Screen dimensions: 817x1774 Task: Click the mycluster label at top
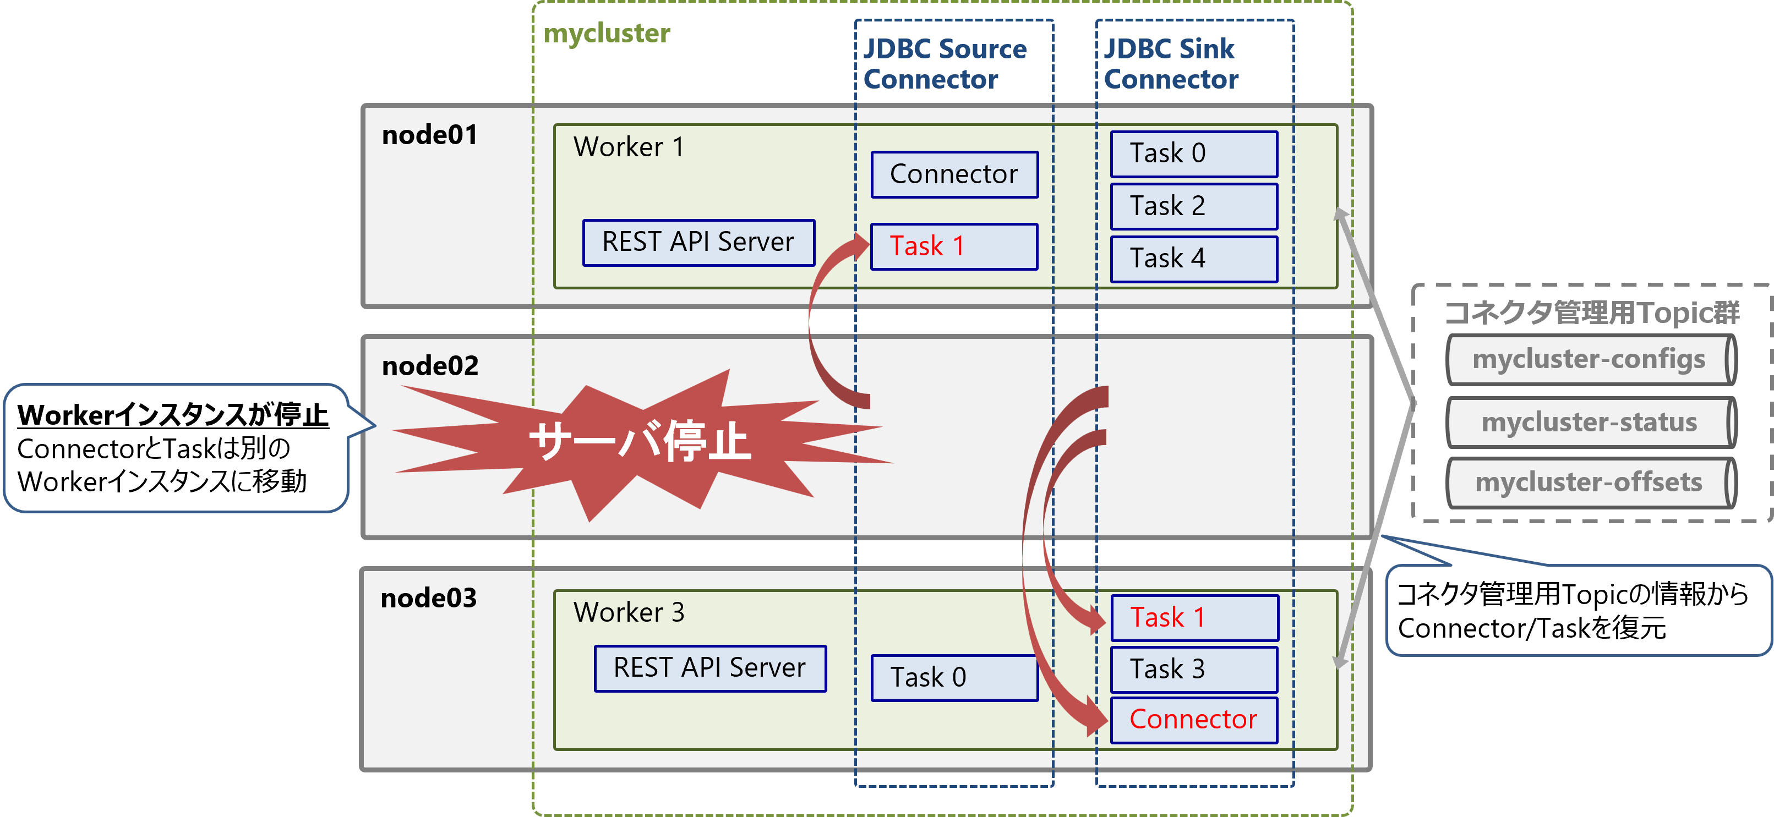pos(606,33)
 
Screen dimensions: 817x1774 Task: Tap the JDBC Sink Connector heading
pos(1170,63)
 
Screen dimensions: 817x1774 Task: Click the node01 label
pos(430,135)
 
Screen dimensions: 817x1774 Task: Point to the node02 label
pos(430,365)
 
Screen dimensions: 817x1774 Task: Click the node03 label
pos(428,597)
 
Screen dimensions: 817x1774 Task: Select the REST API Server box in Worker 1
pos(698,242)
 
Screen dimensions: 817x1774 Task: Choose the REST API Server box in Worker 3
pos(710,668)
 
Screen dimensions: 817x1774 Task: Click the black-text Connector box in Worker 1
pos(954,174)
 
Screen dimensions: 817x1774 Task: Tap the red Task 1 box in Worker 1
pos(954,246)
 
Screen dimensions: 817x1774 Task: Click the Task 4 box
pos(1193,258)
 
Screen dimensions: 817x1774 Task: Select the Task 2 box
pos(1193,206)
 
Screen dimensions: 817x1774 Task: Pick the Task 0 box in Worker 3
pos(954,677)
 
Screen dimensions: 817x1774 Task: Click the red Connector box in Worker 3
pos(1193,719)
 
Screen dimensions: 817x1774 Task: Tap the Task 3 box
pos(1193,669)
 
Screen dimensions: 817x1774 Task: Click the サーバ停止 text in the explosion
pos(638,441)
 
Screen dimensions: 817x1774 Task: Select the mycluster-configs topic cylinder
pos(1590,359)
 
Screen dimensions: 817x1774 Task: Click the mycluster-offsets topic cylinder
pos(1590,482)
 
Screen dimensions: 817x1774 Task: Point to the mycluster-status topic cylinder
pos(1590,422)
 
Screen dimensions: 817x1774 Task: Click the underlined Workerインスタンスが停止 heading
pos(173,415)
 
